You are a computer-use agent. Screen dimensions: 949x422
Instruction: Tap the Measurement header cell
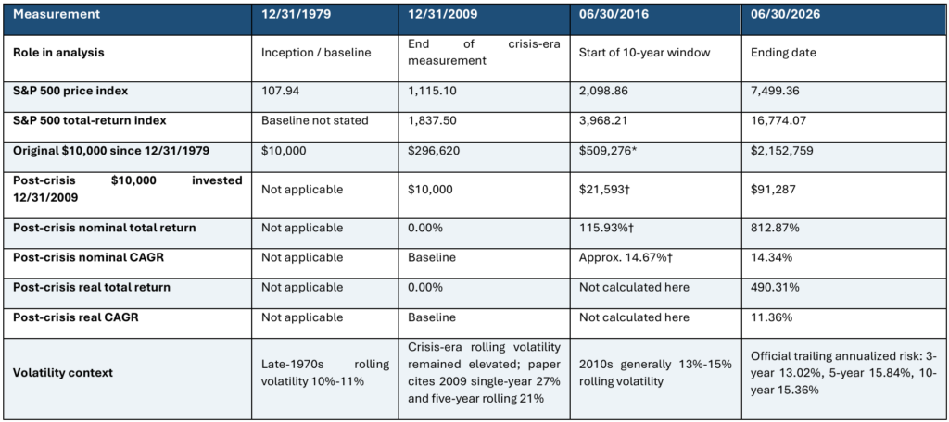pos(49,14)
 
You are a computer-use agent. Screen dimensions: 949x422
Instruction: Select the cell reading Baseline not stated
pos(315,121)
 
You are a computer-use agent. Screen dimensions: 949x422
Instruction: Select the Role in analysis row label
pos(58,52)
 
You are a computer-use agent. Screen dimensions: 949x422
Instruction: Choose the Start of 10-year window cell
pos(645,53)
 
